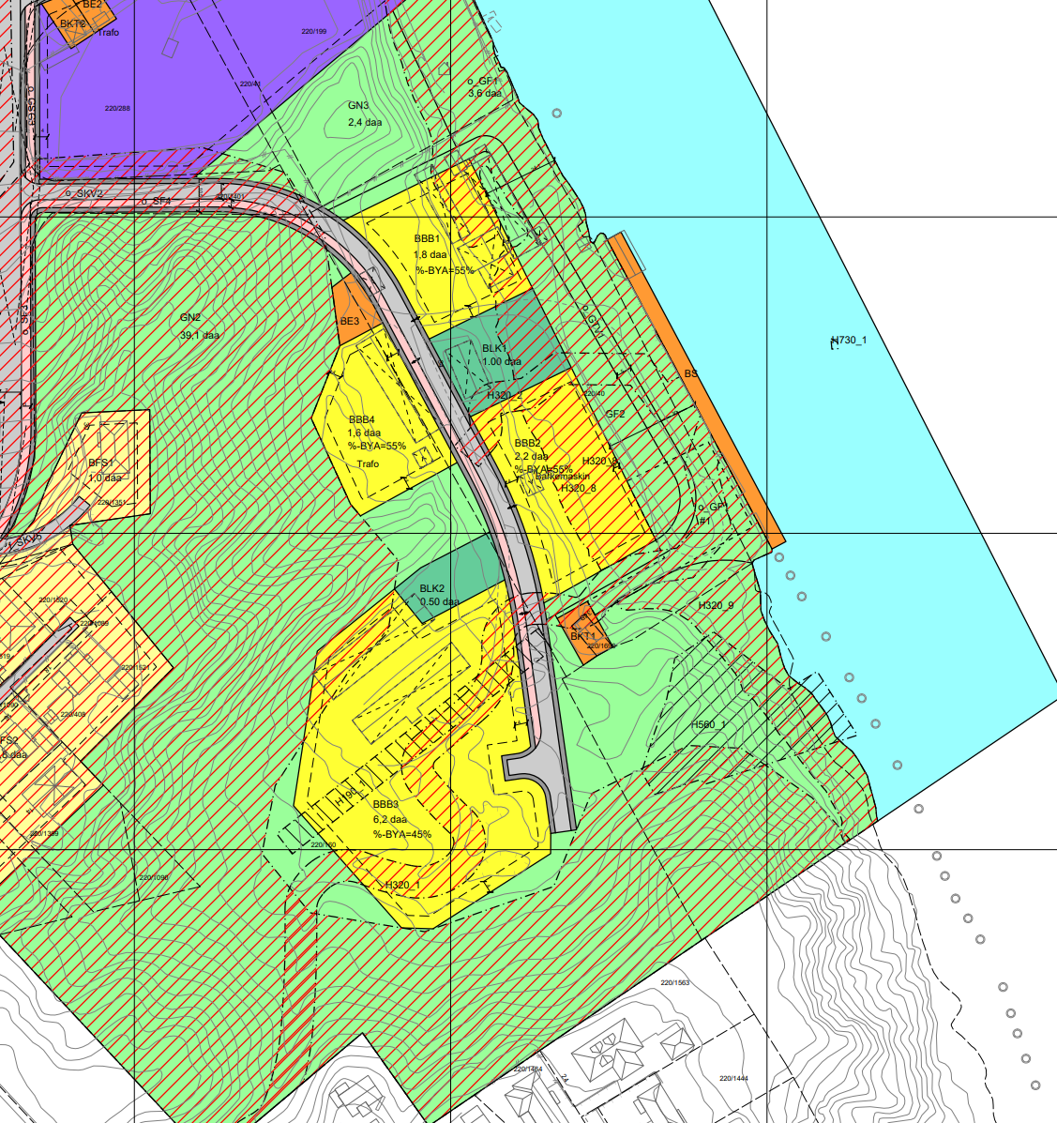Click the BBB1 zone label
(427, 239)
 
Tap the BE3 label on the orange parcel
(350, 322)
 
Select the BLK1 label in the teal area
(494, 348)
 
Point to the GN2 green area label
(190, 318)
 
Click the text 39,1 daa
(199, 335)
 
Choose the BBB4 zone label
(362, 419)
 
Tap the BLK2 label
(432, 589)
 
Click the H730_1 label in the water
(849, 340)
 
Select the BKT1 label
(582, 637)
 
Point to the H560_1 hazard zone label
(709, 725)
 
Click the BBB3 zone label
(385, 805)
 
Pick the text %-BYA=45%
(401, 834)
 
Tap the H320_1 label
(402, 885)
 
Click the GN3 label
(358, 106)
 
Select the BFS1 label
(100, 463)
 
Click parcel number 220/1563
(674, 983)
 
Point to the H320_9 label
(716, 606)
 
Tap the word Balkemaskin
(562, 477)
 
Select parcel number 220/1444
(733, 1079)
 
